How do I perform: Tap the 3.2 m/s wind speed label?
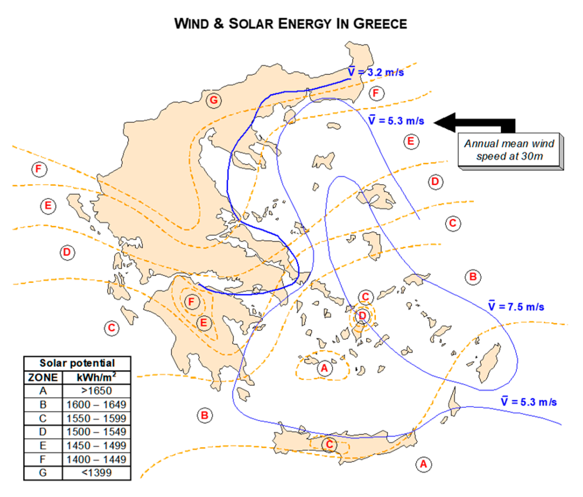[376, 72]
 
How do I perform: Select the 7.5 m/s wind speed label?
[516, 307]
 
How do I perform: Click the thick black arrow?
[475, 123]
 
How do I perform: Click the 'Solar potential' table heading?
[77, 363]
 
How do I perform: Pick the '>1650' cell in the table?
[96, 391]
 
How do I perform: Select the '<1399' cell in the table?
[96, 473]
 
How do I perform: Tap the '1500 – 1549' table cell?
[96, 432]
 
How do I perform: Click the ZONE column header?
[43, 377]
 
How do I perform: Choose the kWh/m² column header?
[96, 377]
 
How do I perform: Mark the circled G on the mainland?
[214, 100]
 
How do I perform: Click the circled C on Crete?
[329, 444]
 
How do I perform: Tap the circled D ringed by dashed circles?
[362, 316]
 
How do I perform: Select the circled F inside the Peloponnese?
[191, 302]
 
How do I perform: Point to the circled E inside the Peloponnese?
[204, 323]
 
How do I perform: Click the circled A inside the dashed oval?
[324, 368]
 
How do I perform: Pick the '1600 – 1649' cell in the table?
[96, 405]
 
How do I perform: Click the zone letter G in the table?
[43, 473]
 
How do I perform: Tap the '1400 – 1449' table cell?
[96, 460]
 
